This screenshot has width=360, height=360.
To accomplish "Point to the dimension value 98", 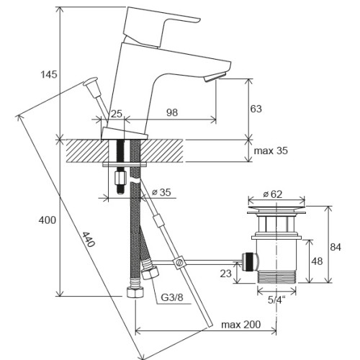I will pyautogui.click(x=172, y=113).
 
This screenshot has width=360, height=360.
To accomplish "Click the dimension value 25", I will pyautogui.click(x=117, y=113).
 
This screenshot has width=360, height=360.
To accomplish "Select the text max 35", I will pyautogui.click(x=271, y=150).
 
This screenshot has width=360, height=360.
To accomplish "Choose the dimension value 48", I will pyautogui.click(x=317, y=261).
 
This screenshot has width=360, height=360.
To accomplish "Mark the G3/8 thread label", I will pyautogui.click(x=171, y=297).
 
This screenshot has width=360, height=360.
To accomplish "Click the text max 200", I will pyautogui.click(x=240, y=324).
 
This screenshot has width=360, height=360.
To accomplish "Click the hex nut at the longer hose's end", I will pyautogui.click(x=134, y=292).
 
